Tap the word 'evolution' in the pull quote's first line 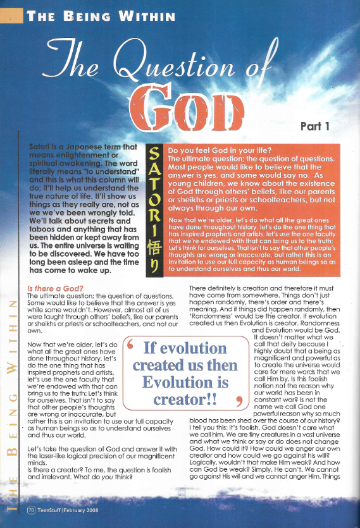(x=185, y=348)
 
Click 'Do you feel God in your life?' (x=214, y=150)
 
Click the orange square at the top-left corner (x=11, y=16)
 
